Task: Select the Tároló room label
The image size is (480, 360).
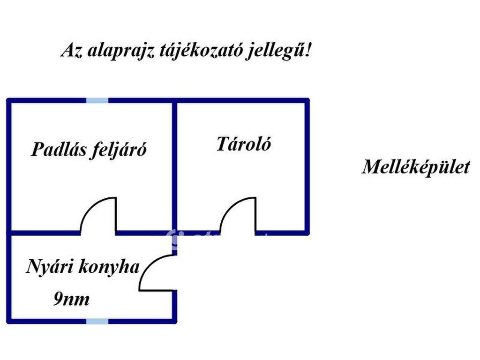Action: click(x=244, y=144)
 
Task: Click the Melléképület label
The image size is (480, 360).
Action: click(x=416, y=167)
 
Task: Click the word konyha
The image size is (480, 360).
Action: click(x=109, y=266)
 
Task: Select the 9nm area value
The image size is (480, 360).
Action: click(x=72, y=299)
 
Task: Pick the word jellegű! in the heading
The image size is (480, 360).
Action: click(x=278, y=51)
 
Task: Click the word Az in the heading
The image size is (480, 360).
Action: click(x=72, y=51)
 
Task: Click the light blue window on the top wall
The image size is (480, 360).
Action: click(x=97, y=100)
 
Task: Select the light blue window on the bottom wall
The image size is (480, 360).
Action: click(x=97, y=321)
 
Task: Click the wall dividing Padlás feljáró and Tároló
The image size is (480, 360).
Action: click(x=174, y=167)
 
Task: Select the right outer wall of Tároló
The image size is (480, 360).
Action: click(x=307, y=167)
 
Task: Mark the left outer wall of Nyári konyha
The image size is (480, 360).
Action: click(x=9, y=277)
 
